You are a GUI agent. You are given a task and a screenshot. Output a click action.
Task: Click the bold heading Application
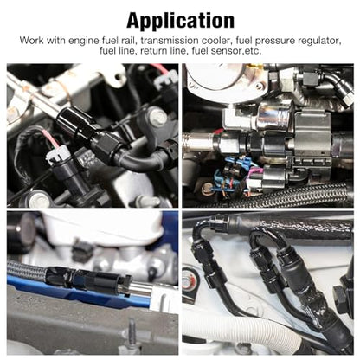click(180, 21)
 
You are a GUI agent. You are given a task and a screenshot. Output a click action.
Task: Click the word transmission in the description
click(170, 41)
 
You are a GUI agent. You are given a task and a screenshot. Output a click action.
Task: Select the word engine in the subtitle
click(83, 42)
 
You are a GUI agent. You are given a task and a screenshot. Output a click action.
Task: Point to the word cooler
click(217, 41)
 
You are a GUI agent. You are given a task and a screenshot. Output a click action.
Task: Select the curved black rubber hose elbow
click(141, 161)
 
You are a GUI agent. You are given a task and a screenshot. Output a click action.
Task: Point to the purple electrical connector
click(253, 177)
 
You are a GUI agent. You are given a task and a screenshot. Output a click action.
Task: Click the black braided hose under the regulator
click(297, 194)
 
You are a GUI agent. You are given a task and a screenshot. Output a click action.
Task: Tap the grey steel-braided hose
click(27, 271)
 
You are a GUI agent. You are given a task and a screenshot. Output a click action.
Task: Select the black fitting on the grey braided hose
click(87, 279)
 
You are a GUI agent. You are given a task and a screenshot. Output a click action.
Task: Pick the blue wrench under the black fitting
click(78, 292)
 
